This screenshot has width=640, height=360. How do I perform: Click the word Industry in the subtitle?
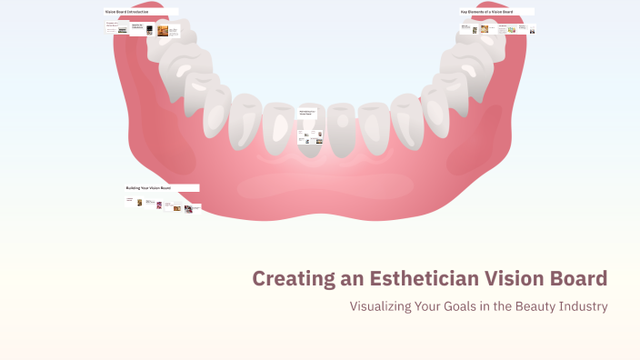point(584,306)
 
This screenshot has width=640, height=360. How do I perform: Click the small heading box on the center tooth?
point(310,113)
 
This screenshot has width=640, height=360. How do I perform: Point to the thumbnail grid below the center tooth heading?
point(310,136)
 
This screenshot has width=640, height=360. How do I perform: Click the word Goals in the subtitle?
point(463,306)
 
